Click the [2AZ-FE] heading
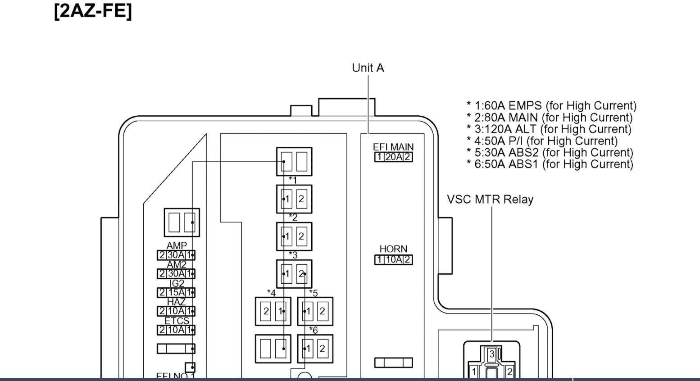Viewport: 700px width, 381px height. (93, 10)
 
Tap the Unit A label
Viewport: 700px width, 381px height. (368, 68)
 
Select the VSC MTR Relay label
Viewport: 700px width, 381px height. (490, 200)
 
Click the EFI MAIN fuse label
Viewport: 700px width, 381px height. (393, 147)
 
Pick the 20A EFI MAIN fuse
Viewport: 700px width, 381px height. (393, 157)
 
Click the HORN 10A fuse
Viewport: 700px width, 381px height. (393, 260)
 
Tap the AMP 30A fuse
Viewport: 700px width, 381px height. (176, 255)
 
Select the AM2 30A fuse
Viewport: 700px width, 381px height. (176, 274)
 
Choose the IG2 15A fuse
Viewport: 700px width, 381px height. (176, 293)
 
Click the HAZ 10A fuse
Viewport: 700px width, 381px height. (176, 311)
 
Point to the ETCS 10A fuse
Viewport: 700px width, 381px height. (176, 330)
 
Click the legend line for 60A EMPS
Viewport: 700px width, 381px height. (551, 106)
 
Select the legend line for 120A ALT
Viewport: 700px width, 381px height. (549, 129)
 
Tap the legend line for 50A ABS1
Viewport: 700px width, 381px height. (550, 164)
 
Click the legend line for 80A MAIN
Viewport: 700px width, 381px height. (550, 118)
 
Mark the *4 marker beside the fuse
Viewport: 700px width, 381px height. (271, 293)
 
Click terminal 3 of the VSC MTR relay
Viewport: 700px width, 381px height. (492, 354)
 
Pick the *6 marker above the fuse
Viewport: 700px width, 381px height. (313, 330)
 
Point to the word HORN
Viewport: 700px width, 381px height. (393, 249)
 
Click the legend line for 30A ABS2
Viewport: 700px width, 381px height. (550, 153)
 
